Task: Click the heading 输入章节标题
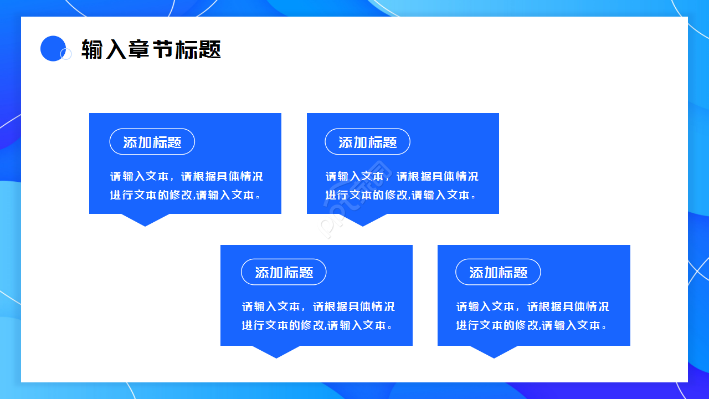[x=151, y=49]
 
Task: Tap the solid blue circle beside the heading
[x=53, y=48]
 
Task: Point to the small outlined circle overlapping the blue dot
[x=66, y=54]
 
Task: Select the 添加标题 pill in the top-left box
[x=152, y=142]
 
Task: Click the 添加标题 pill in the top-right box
[x=367, y=142]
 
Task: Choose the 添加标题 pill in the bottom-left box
[x=284, y=272]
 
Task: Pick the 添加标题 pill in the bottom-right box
[x=498, y=272]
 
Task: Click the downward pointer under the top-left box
[x=145, y=220]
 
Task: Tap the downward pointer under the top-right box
[x=363, y=220]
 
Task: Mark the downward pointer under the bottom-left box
[x=276, y=352]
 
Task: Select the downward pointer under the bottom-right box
[x=494, y=352]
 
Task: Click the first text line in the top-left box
[x=186, y=176]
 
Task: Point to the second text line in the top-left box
[x=186, y=195]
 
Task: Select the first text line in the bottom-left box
[x=318, y=306]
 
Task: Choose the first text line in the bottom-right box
[x=532, y=306]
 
